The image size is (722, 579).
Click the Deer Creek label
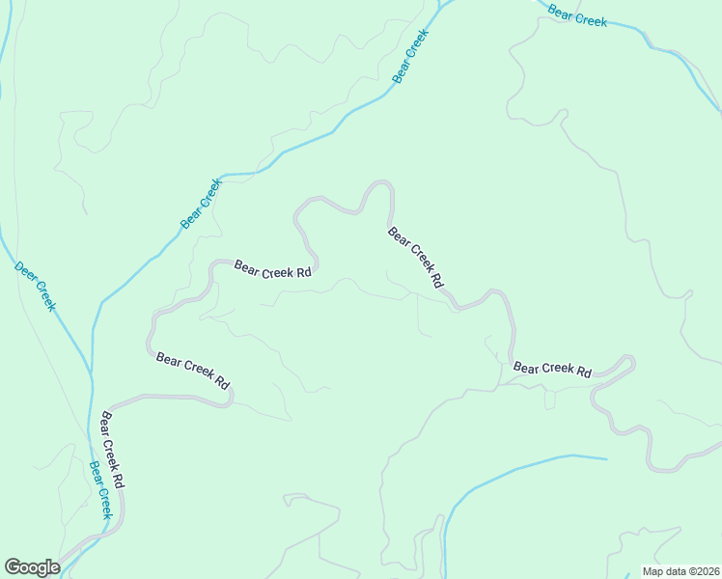point(36,285)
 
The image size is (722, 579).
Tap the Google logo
point(32,567)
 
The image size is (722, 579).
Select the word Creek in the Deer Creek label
point(44,295)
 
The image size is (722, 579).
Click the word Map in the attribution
point(653,571)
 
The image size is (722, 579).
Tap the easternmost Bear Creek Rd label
point(552,369)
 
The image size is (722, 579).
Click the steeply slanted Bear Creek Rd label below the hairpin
point(415,258)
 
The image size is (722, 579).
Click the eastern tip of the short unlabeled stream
point(606,458)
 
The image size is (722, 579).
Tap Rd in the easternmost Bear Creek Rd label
point(583,371)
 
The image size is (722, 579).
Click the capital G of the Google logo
point(13,567)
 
